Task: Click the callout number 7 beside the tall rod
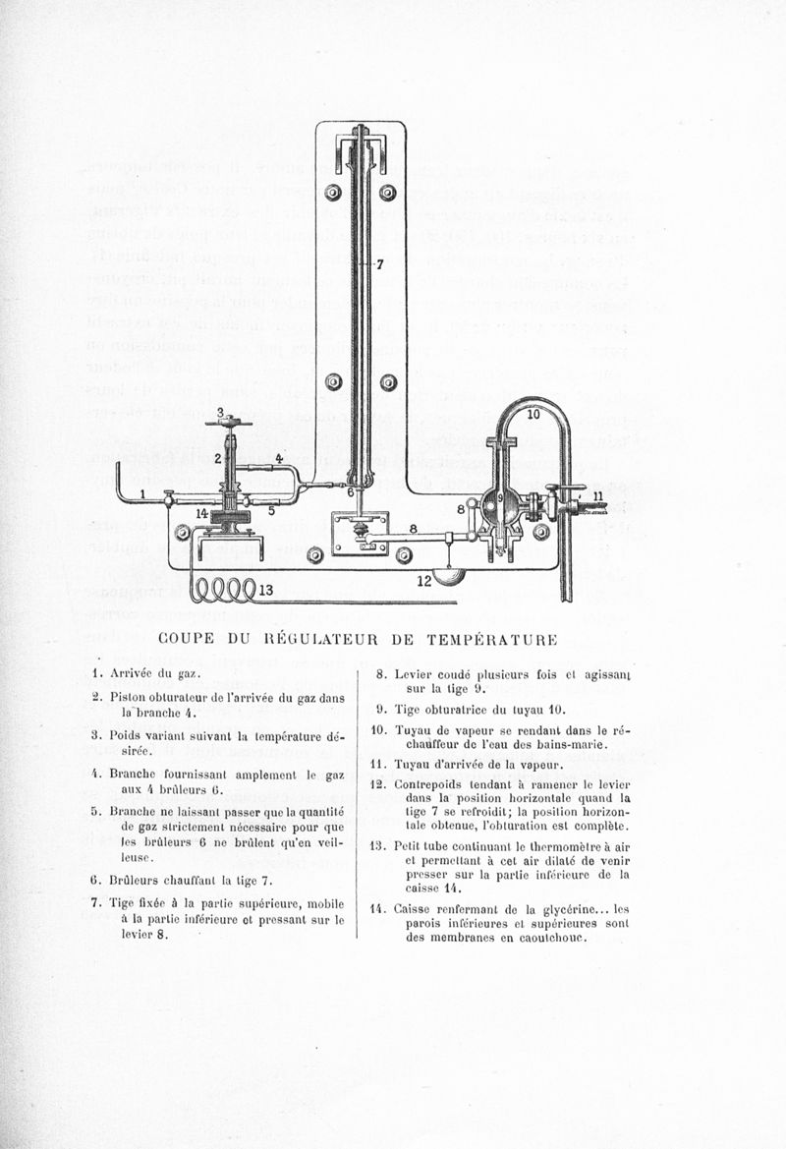pyautogui.click(x=379, y=264)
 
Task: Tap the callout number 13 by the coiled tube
pyautogui.click(x=265, y=590)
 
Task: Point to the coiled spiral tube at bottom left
pyautogui.click(x=222, y=590)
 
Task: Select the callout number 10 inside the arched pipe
pyautogui.click(x=533, y=415)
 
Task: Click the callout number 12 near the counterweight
pyautogui.click(x=423, y=581)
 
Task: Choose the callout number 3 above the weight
pyautogui.click(x=220, y=412)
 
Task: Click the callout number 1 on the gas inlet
pyautogui.click(x=143, y=493)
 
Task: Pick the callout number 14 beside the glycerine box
pyautogui.click(x=200, y=513)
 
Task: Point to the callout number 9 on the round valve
pyautogui.click(x=500, y=497)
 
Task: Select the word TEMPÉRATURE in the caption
pyautogui.click(x=491, y=639)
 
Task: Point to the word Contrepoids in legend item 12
pyautogui.click(x=429, y=784)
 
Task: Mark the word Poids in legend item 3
pyautogui.click(x=127, y=734)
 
